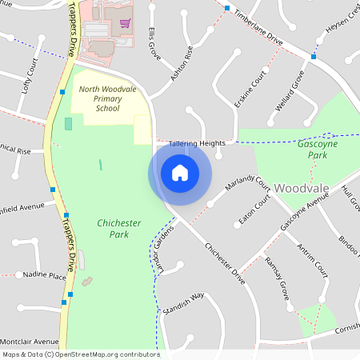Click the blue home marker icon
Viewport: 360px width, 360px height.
[x=180, y=173]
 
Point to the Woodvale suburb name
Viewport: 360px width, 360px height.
[x=302, y=188]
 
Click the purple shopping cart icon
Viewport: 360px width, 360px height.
[x=125, y=22]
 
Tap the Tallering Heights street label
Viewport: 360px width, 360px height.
[x=197, y=143]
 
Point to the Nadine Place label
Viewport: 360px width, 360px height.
[x=45, y=275]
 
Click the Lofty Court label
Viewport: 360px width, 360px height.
[x=30, y=73]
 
